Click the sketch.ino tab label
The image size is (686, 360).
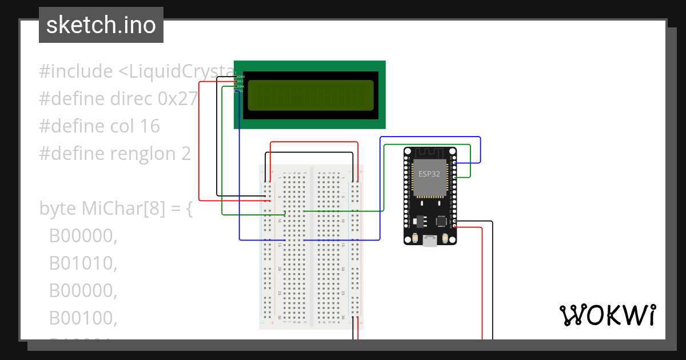click(x=101, y=25)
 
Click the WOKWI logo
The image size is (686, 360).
click(x=607, y=315)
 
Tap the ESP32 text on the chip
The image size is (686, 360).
click(x=429, y=174)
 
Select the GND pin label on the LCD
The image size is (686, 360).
click(x=241, y=76)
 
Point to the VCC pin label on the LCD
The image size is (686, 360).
click(x=241, y=81)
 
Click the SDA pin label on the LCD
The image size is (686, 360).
click(x=241, y=86)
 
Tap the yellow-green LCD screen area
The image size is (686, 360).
click(x=311, y=95)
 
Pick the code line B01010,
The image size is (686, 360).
click(x=83, y=263)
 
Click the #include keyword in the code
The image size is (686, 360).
click(x=76, y=71)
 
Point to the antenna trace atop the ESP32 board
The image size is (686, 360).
click(x=430, y=153)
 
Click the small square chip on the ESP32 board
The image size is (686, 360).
click(x=441, y=221)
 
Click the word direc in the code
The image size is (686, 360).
click(x=131, y=99)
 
